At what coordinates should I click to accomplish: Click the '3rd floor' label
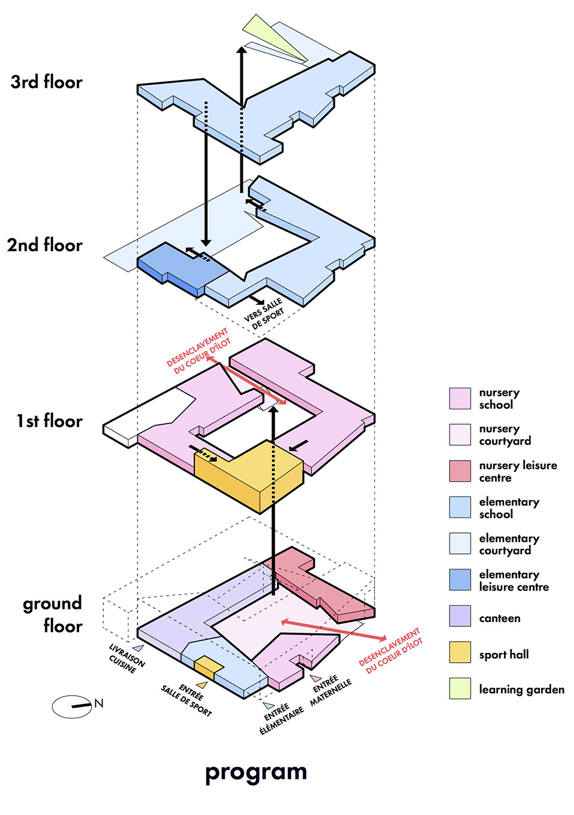pyautogui.click(x=47, y=82)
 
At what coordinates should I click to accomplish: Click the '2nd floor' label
pyautogui.click(x=45, y=245)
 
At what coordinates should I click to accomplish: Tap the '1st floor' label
pyautogui.click(x=50, y=421)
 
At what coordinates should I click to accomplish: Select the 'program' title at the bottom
pyautogui.click(x=256, y=772)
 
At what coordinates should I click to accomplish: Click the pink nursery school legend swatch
pyautogui.click(x=460, y=399)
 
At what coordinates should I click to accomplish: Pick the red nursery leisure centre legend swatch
pyautogui.click(x=460, y=471)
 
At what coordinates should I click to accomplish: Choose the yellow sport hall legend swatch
pyautogui.click(x=460, y=652)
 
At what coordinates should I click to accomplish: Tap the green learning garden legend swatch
pyautogui.click(x=460, y=688)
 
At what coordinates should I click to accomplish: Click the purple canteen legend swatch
pyautogui.click(x=460, y=616)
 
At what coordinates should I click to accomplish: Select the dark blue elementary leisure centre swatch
pyautogui.click(x=460, y=580)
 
